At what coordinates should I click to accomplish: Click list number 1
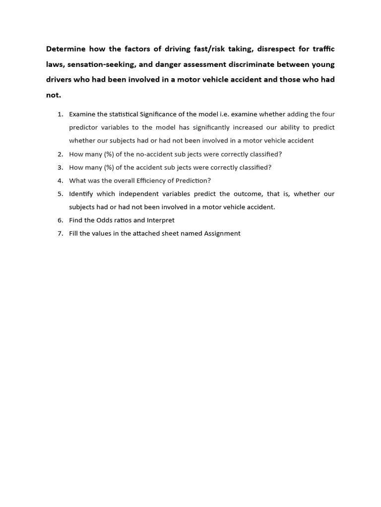pos(60,114)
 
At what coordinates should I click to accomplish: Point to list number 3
pos(60,167)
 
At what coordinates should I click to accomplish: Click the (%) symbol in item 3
pos(107,167)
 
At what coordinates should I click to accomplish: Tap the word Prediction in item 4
pos(193,181)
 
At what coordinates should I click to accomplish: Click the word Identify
pos(81,194)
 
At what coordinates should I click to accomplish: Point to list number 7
pos(60,233)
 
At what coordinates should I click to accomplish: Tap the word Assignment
pos(222,233)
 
